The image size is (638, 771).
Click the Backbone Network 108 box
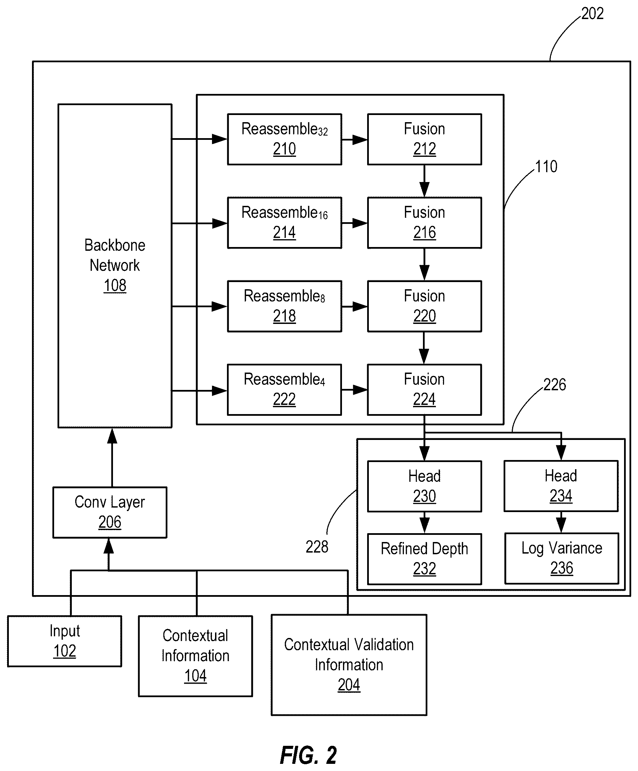point(115,266)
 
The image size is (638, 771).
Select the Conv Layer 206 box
point(110,512)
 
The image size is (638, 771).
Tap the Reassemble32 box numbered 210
point(284,139)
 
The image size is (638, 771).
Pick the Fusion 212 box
point(424,139)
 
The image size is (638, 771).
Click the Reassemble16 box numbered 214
point(284,223)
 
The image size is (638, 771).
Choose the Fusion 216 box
point(424,223)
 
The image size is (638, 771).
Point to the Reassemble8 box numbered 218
point(284,306)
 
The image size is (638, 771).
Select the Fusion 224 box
point(424,390)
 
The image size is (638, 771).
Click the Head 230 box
point(424,486)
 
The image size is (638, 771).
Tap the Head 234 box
point(561,486)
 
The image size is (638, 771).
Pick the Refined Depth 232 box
point(424,559)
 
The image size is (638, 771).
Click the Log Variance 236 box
point(562,558)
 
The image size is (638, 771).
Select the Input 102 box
point(65,641)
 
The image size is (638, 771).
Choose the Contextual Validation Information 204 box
point(349,665)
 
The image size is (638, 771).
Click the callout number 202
point(592,14)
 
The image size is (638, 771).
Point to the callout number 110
point(546,167)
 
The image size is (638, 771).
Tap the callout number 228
point(317,547)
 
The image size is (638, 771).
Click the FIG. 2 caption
point(308,755)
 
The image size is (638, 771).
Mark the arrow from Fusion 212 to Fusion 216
point(424,181)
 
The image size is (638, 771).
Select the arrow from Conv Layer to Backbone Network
point(112,457)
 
